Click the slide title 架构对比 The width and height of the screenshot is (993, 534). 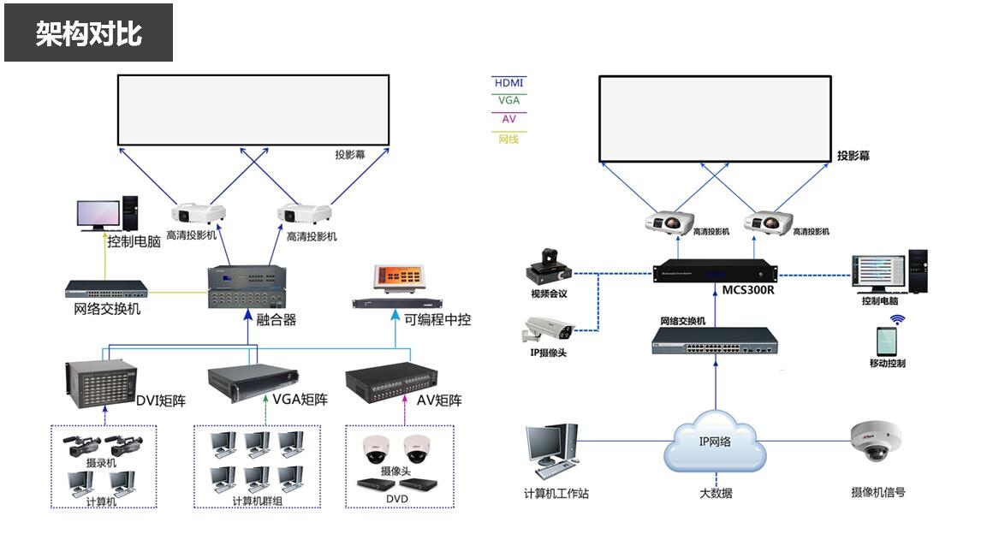pyautogui.click(x=88, y=33)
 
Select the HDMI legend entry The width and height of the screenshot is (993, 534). pyautogui.click(x=508, y=83)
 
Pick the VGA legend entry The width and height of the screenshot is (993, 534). pyautogui.click(x=508, y=100)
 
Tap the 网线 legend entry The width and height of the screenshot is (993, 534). pyautogui.click(x=508, y=139)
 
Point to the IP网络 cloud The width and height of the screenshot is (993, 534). pyautogui.click(x=715, y=442)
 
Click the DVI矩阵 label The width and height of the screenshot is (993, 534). pyautogui.click(x=161, y=400)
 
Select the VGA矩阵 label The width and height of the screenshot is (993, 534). pyautogui.click(x=300, y=400)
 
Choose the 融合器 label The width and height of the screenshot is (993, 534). pyautogui.click(x=276, y=320)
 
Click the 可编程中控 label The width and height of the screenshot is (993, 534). pyautogui.click(x=437, y=319)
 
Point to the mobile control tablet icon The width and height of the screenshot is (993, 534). pyautogui.click(x=886, y=341)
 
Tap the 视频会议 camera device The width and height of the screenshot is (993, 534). pyautogui.click(x=549, y=266)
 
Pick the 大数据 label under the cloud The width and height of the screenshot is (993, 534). pyautogui.click(x=715, y=493)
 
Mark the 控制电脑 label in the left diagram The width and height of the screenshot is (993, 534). pyautogui.click(x=134, y=242)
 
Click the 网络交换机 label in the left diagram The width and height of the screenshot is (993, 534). pyautogui.click(x=107, y=309)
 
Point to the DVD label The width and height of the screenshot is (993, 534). pyautogui.click(x=396, y=499)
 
